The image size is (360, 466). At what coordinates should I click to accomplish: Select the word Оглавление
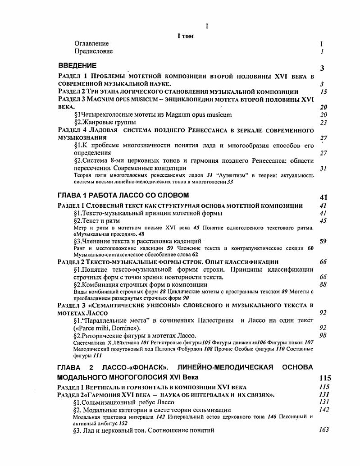[x=91, y=44]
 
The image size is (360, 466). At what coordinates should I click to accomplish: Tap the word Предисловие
[x=94, y=51]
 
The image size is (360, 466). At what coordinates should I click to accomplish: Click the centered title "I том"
[x=185, y=36]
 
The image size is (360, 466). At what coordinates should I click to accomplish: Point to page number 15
[x=323, y=92]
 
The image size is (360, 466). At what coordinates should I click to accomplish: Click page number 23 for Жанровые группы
[x=323, y=122]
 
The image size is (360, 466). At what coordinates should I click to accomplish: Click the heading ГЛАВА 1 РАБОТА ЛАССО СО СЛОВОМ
[x=123, y=195]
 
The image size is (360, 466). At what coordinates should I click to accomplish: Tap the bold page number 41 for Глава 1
[x=323, y=197]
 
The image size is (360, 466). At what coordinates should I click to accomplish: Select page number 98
[x=323, y=335]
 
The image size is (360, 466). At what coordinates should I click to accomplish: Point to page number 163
[x=324, y=430]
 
